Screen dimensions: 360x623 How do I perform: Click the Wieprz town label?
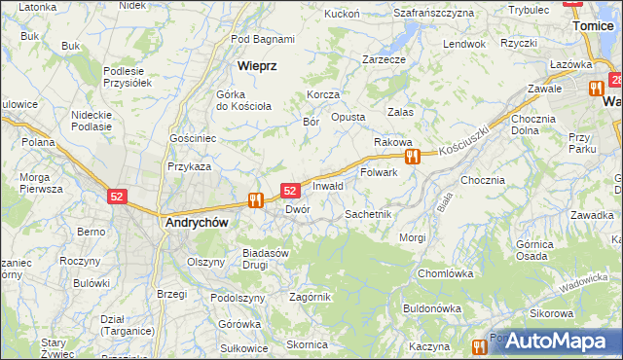258,66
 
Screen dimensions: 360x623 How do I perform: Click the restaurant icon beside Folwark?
413,156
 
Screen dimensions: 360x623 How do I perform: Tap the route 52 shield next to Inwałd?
290,191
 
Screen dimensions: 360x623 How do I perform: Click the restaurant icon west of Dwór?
256,199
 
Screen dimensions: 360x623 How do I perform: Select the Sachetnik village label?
368,213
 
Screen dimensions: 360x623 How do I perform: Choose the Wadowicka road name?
584,279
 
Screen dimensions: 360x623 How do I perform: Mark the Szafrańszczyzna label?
434,13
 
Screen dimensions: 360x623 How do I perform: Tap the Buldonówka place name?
431,307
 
